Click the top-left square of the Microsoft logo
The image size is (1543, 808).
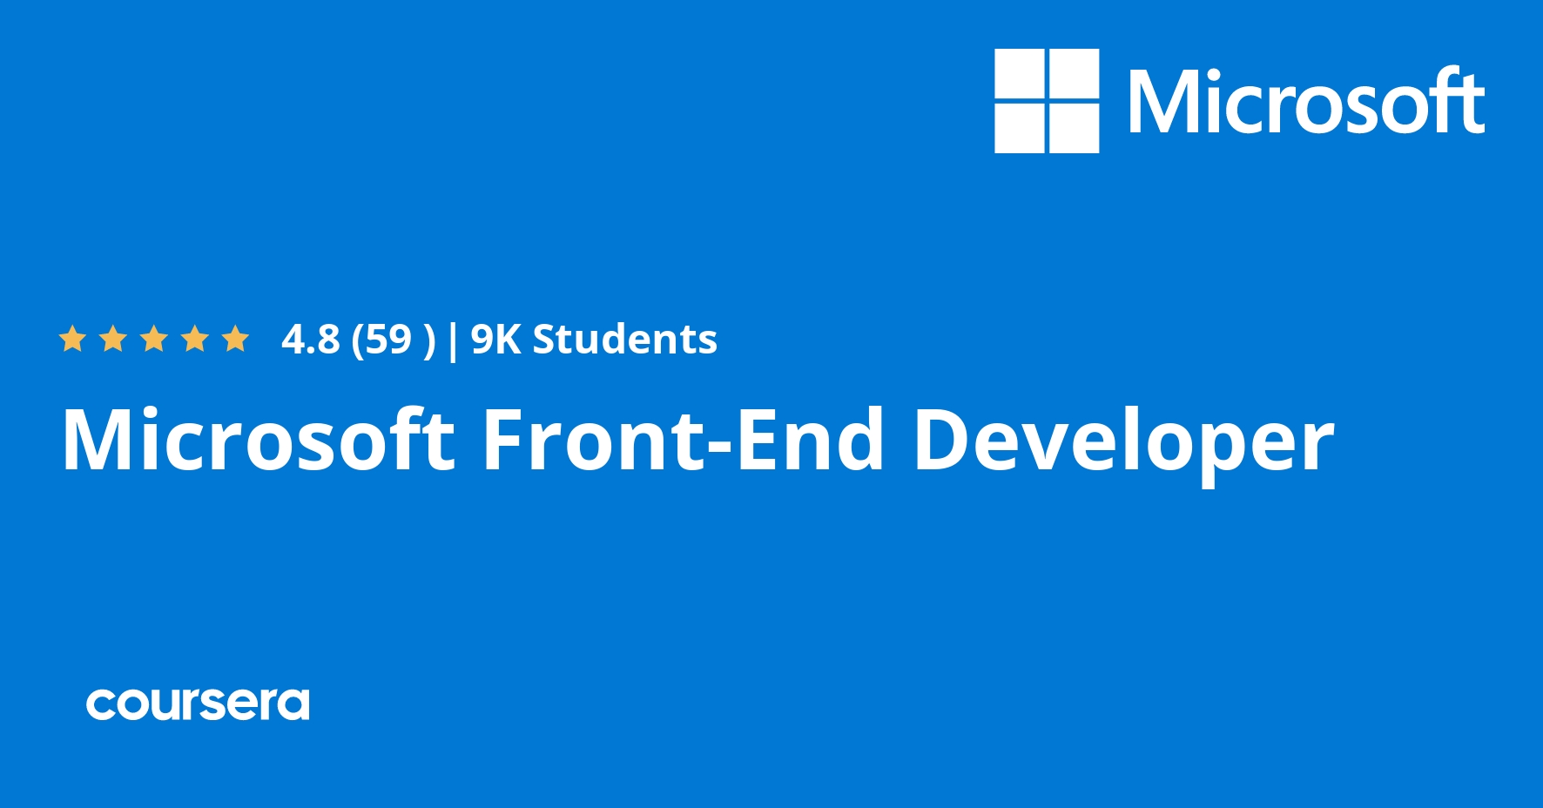pyautogui.click(x=1020, y=74)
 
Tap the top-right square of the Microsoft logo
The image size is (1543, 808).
pyautogui.click(x=1074, y=74)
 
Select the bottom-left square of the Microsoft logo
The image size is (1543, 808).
pyautogui.click(x=1020, y=128)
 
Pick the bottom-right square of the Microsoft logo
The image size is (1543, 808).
pyautogui.click(x=1074, y=128)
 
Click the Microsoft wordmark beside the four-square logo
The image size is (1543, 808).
pyautogui.click(x=1306, y=102)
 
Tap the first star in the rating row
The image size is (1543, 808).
pyautogui.click(x=72, y=339)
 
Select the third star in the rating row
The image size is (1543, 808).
pyautogui.click(x=154, y=339)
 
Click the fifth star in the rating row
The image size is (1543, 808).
pyautogui.click(x=235, y=339)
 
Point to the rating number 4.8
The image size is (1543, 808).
pyautogui.click(x=310, y=340)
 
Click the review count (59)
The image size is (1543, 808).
pyautogui.click(x=393, y=340)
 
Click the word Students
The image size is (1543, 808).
pyautogui.click(x=624, y=340)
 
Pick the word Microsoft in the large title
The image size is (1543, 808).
pyautogui.click(x=258, y=440)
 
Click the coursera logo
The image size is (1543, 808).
pyautogui.click(x=198, y=704)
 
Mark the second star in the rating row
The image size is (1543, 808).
pyautogui.click(x=113, y=339)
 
